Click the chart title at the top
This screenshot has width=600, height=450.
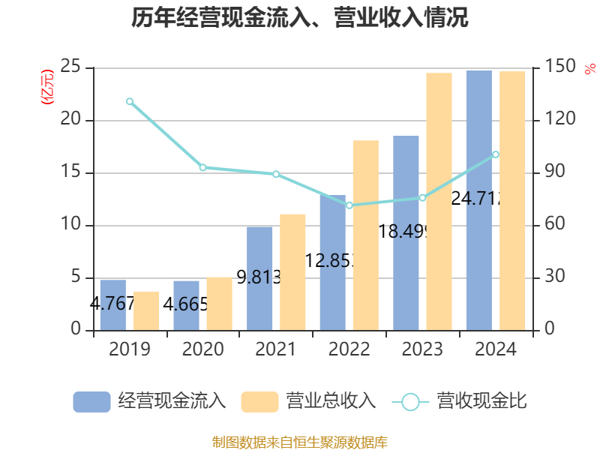pyautogui.click(x=300, y=18)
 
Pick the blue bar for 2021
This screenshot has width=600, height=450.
pyautogui.click(x=259, y=277)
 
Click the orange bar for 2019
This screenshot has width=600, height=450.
pyautogui.click(x=146, y=310)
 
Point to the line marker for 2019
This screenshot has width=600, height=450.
pyautogui.click(x=130, y=101)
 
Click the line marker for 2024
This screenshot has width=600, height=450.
pyautogui.click(x=496, y=154)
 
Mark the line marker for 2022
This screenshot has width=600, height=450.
pyautogui.click(x=349, y=205)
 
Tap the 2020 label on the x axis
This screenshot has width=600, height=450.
pyautogui.click(x=203, y=349)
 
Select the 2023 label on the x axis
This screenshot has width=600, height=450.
pyautogui.click(x=423, y=349)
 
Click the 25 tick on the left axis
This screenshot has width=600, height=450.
pyautogui.click(x=72, y=67)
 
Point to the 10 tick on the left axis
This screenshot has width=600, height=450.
pyautogui.click(x=72, y=225)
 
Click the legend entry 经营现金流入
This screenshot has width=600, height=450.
pyautogui.click(x=149, y=401)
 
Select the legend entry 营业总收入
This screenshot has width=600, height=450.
pyautogui.click(x=308, y=401)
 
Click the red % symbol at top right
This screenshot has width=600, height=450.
pyautogui.click(x=589, y=69)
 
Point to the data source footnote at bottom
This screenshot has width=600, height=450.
pyautogui.click(x=300, y=442)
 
